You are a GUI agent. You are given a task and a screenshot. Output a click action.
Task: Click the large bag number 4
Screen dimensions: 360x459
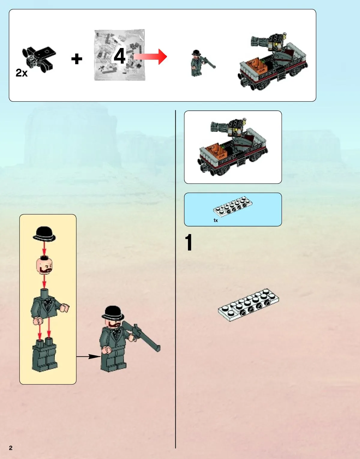[x=119, y=56]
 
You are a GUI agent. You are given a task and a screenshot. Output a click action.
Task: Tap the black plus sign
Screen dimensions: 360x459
[x=77, y=59]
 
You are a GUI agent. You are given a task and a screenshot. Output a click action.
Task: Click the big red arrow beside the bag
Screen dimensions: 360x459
[x=150, y=56]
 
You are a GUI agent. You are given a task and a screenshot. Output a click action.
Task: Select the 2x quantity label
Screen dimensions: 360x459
[x=22, y=73]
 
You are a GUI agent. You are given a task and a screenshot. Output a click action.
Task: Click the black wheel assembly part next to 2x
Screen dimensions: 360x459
[x=39, y=59]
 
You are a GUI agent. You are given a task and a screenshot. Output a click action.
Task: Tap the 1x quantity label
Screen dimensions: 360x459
[x=215, y=220]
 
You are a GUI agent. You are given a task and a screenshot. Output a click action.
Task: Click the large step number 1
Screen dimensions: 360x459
[x=189, y=242]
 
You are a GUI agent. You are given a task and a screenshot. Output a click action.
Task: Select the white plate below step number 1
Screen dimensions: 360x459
[x=249, y=304]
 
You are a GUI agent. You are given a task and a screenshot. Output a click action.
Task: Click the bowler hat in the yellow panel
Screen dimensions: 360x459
[x=44, y=234]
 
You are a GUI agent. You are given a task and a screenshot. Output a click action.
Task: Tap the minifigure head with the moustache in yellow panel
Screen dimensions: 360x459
[x=44, y=265]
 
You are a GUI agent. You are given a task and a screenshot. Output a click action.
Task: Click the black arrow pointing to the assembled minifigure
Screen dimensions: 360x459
[x=89, y=357]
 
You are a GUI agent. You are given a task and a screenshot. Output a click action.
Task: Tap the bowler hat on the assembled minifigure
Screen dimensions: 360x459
[x=113, y=313]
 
